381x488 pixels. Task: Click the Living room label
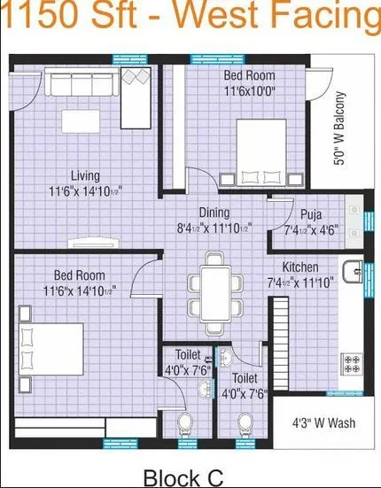pyautogui.click(x=85, y=175)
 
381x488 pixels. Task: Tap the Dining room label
pyautogui.click(x=214, y=213)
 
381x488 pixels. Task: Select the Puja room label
pyautogui.click(x=310, y=214)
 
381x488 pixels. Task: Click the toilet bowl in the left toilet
pyautogui.click(x=187, y=422)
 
